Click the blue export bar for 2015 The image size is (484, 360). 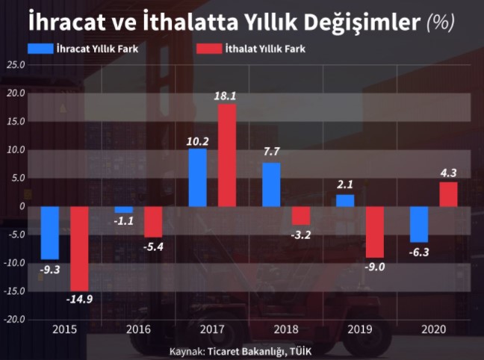click(50, 232)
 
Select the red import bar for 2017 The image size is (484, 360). click(227, 155)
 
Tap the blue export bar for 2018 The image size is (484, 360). click(272, 184)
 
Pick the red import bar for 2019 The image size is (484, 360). click(375, 232)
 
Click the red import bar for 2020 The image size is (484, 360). click(448, 194)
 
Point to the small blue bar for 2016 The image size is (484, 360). click(123, 210)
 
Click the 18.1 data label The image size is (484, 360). click(228, 96)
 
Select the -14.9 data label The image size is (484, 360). click(78, 300)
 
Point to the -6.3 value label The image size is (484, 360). click(419, 252)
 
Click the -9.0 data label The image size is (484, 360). click(375, 267)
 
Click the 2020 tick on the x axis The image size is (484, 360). click(433, 329)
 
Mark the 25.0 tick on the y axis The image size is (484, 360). click(15, 65)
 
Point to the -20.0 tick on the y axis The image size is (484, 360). click(13, 320)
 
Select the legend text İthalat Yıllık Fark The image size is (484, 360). click(266, 49)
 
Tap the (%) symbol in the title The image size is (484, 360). click(441, 22)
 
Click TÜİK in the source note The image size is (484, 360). click(300, 350)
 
